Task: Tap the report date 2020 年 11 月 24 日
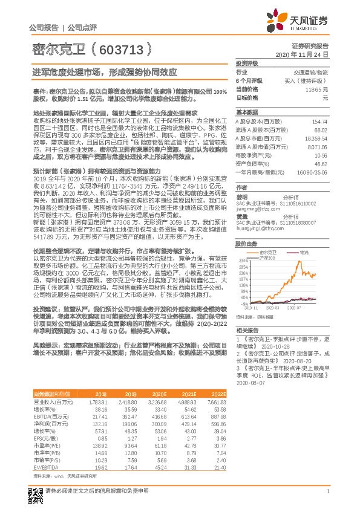pos(306,54)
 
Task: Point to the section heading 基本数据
pos(246,112)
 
